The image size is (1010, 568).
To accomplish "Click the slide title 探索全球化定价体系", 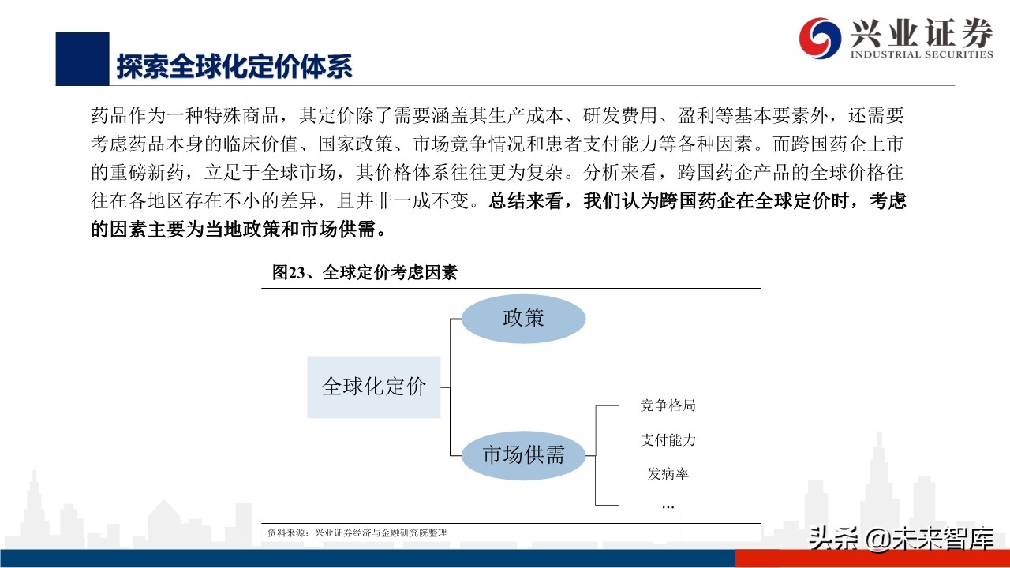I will point(234,66).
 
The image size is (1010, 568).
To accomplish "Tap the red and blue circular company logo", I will point(820,37).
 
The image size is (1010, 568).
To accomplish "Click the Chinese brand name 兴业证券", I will point(920,33).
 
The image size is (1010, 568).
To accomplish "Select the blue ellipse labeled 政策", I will point(523,318).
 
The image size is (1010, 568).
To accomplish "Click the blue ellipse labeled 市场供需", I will point(523,455).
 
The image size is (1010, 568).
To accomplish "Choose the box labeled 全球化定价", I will point(373,387).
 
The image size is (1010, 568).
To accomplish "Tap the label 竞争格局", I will point(668,406).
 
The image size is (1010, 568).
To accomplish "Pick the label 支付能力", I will point(668,440).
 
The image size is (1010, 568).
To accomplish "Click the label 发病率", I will point(668,474).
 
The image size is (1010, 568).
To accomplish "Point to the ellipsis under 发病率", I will point(668,506).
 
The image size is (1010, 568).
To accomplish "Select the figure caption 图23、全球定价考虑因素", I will point(365,273).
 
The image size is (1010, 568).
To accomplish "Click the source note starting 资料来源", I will point(357,533).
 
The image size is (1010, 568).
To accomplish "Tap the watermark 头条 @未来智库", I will point(900,540).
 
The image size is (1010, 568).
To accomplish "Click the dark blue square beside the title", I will point(82,59).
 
